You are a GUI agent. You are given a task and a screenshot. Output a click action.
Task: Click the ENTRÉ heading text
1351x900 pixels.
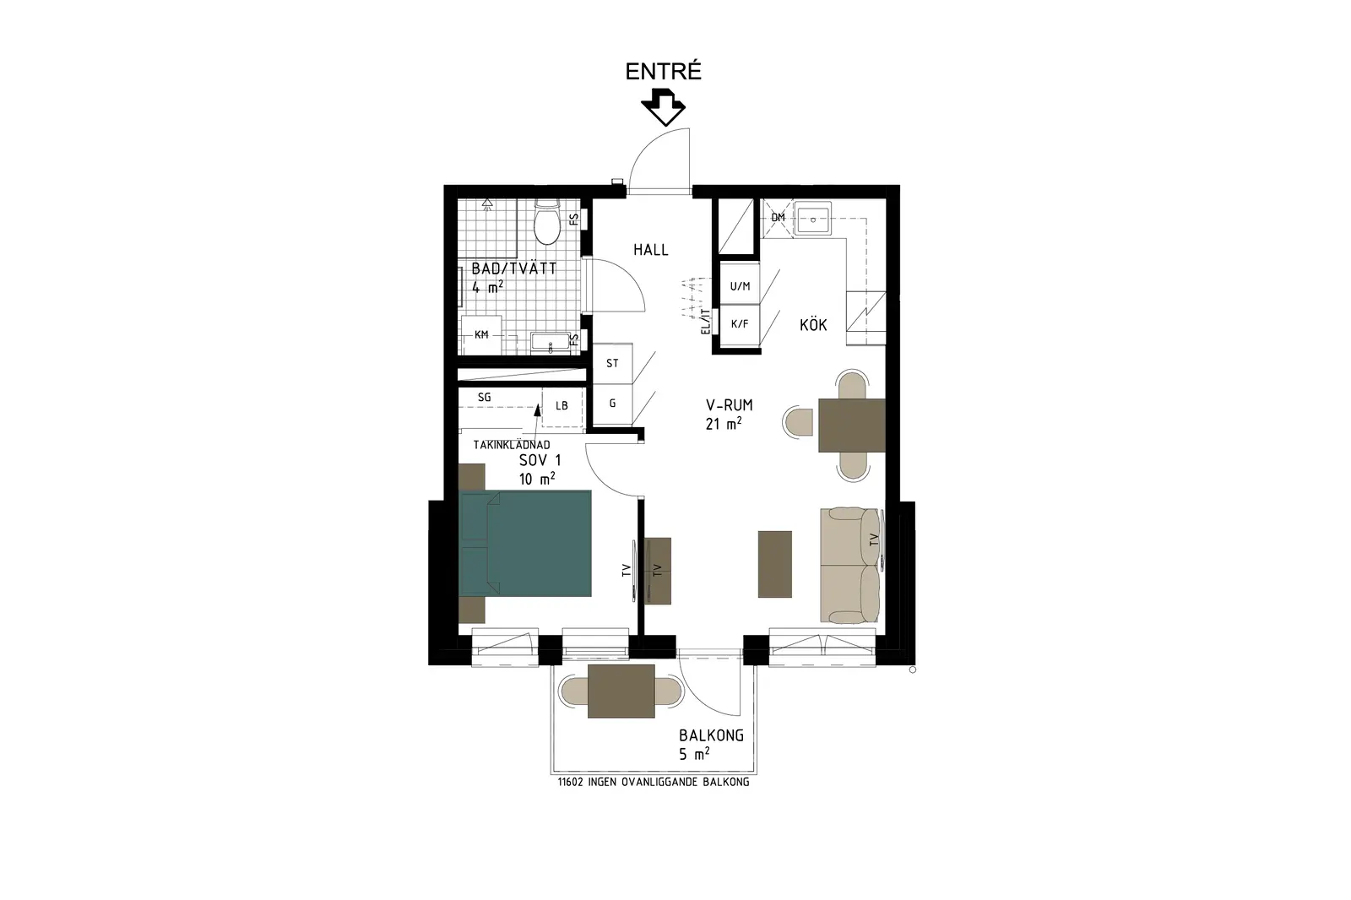(663, 72)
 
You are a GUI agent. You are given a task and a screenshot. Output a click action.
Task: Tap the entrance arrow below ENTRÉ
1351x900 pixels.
(664, 108)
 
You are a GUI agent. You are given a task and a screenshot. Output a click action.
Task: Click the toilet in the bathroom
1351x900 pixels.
(548, 222)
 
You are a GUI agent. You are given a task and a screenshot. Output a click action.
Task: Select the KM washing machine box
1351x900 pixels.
(481, 335)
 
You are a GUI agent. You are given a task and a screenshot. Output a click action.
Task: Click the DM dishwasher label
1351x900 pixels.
(778, 217)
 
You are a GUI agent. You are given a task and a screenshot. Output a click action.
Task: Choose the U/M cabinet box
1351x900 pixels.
(740, 286)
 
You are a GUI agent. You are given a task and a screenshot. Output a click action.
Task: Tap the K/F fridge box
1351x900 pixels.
(740, 324)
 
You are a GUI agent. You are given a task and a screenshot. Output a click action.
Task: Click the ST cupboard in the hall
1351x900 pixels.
(613, 363)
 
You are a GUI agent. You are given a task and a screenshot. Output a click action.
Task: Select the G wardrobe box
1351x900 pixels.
(613, 404)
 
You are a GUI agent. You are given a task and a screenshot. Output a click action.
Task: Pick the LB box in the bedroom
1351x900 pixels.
(562, 407)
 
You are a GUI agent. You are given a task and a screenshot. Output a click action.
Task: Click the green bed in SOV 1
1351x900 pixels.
(524, 544)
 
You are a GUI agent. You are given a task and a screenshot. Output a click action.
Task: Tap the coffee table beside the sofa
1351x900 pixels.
(774, 564)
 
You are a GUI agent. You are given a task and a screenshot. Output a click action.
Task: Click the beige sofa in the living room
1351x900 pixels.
(849, 566)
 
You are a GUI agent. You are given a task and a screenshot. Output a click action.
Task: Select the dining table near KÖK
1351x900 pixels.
(852, 425)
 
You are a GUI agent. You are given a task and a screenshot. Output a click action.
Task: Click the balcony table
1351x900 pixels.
(621, 691)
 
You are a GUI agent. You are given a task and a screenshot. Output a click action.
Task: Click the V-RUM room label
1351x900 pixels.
(730, 404)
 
